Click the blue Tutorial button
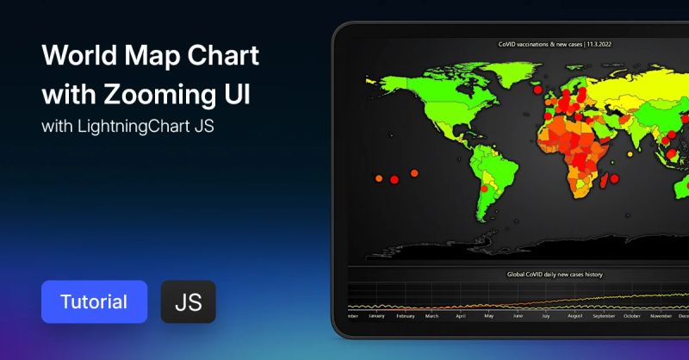click(94, 301)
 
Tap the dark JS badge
click(188, 301)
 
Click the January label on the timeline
click(376, 316)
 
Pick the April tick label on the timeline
click(460, 316)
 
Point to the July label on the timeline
click(546, 316)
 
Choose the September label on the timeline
click(604, 316)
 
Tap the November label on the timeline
click(661, 316)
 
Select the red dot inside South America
click(484, 187)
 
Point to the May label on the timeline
click(488, 316)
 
